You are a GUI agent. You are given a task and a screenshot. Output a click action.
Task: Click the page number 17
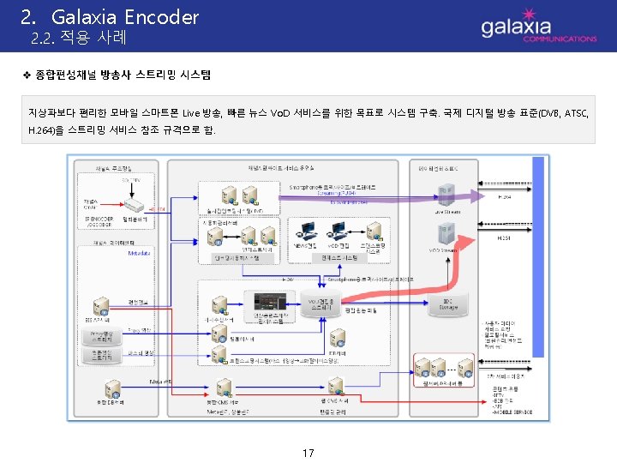(x=308, y=451)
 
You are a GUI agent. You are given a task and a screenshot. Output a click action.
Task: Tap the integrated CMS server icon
(x=221, y=387)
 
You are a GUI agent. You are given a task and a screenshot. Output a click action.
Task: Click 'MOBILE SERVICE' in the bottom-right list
(x=516, y=424)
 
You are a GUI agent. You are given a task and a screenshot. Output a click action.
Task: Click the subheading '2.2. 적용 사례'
(x=78, y=39)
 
